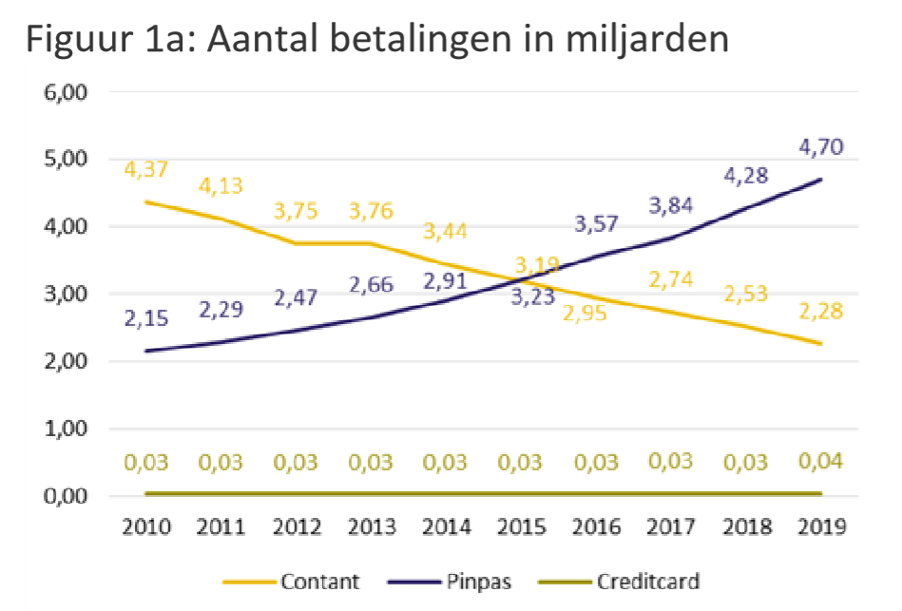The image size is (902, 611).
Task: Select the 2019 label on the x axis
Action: click(820, 527)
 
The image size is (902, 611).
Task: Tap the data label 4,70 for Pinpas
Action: click(820, 147)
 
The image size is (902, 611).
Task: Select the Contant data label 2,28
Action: click(820, 310)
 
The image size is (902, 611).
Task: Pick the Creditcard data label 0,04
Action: click(820, 462)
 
